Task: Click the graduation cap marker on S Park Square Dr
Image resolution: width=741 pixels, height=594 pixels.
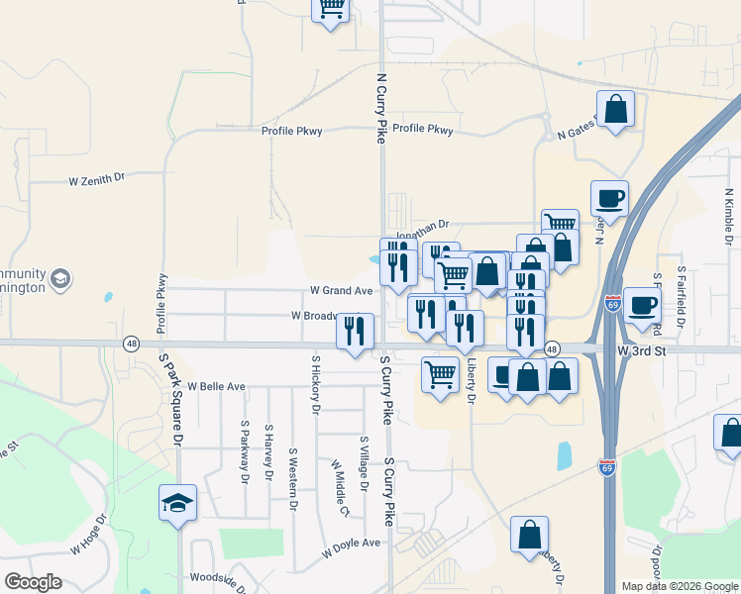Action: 178,503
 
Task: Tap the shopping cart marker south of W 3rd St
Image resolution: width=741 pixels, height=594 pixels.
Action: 441,375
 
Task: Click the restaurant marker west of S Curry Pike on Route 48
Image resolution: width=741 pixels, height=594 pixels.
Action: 355,332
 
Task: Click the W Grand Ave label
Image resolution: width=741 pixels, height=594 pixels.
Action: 341,291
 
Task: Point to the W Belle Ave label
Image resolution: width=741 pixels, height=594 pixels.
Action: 216,386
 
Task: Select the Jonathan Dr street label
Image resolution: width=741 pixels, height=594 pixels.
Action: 423,225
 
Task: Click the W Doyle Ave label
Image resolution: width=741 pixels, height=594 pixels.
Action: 351,544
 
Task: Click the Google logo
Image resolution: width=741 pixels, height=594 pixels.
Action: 33,582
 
